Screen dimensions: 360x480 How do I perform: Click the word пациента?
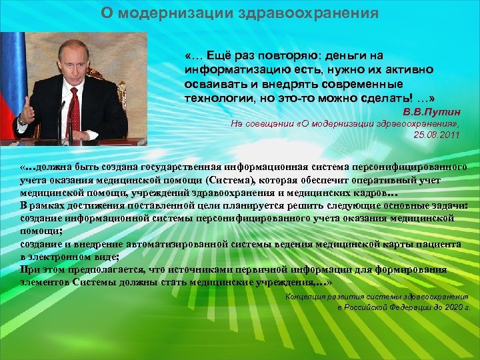tap(437, 244)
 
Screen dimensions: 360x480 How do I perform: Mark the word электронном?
tap(63, 257)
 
